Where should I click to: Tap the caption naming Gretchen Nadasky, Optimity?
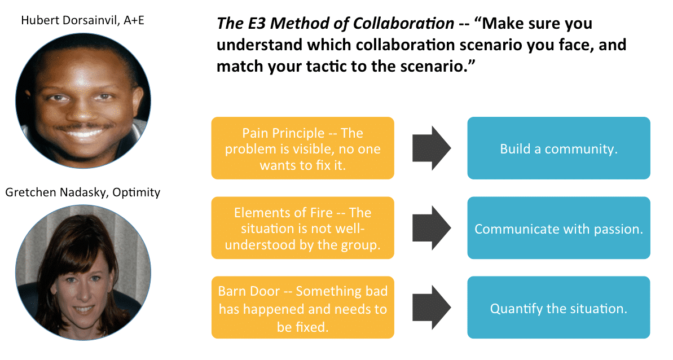click(83, 192)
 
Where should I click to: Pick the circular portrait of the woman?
click(83, 272)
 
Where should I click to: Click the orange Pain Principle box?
click(302, 148)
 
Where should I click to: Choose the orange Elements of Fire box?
click(302, 228)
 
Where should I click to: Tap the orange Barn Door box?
click(302, 308)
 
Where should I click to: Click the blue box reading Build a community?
click(558, 148)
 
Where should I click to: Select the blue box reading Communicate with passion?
click(558, 229)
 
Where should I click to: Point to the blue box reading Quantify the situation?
click(558, 308)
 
